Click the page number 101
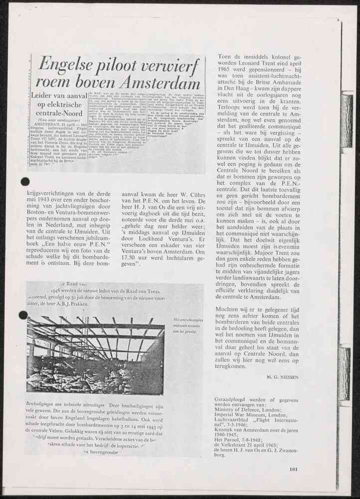click(293, 468)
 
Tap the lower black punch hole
click(23, 315)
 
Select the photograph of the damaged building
click(95, 347)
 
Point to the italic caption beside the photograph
click(185, 325)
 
